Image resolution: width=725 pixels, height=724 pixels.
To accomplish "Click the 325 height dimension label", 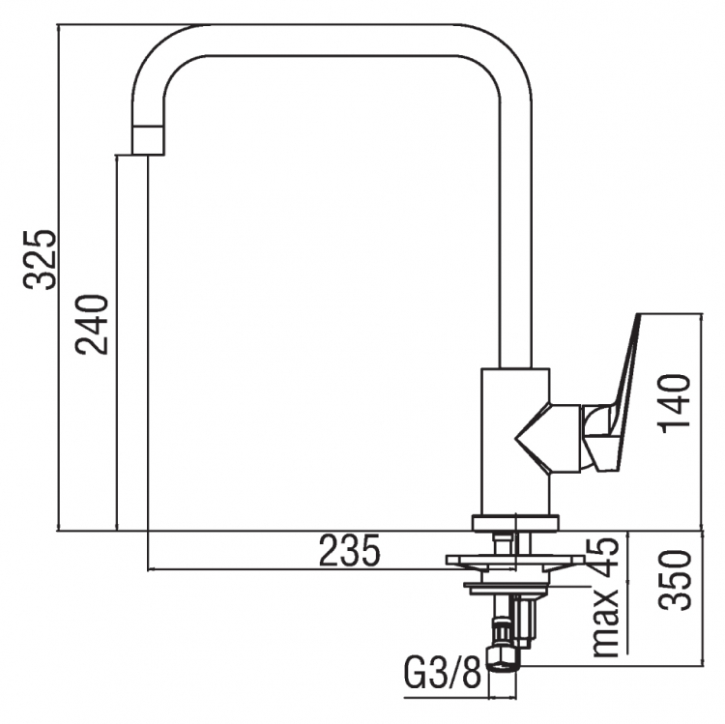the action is coord(41,259).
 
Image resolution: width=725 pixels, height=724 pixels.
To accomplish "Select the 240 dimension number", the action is coord(92,325).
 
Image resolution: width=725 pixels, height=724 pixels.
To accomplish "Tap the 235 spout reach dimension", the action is coord(350,550).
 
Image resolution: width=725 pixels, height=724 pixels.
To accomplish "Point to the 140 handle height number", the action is coord(676,403).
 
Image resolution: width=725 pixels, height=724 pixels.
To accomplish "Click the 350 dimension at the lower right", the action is coord(676,581).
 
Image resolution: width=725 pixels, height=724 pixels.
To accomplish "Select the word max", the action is coord(606,623).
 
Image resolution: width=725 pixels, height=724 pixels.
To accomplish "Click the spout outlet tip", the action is coord(148,140).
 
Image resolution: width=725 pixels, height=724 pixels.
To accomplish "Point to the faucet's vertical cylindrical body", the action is coord(515,442).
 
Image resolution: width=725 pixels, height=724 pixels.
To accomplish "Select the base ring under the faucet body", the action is coord(515,523).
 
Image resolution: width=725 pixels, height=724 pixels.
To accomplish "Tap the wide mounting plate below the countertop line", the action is coord(515,560).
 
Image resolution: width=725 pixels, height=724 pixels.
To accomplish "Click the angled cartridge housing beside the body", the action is coord(549,438).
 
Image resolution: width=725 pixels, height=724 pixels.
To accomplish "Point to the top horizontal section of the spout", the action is coord(331,40).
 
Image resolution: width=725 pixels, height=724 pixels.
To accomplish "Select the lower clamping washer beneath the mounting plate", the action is coord(509,587).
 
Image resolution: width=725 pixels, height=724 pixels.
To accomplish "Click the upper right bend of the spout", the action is coord(504,51).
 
